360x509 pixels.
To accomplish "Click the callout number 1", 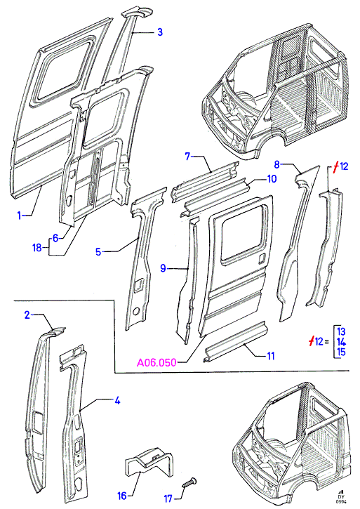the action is [x=20, y=216].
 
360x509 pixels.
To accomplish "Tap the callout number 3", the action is [x=160, y=32].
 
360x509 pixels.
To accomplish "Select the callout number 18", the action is [x=37, y=248].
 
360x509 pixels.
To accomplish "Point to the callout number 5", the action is [x=98, y=251].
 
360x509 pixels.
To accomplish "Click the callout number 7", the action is [x=187, y=156].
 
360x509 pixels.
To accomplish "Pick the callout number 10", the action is [x=272, y=178].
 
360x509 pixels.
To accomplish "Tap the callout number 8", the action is [x=276, y=164].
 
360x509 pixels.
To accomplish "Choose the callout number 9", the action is [x=164, y=268].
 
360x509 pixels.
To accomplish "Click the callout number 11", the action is [x=271, y=356].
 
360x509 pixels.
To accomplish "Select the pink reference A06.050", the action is [x=156, y=362].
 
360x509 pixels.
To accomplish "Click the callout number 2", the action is [x=27, y=315].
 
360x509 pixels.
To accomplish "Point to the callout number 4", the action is [x=117, y=401].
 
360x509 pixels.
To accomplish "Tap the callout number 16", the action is [x=122, y=496].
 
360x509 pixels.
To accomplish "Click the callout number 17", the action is [x=168, y=498].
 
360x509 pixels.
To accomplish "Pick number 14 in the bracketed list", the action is [x=341, y=341].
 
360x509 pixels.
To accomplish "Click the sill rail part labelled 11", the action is [x=236, y=341].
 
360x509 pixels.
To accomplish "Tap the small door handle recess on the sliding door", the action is [x=262, y=259].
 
